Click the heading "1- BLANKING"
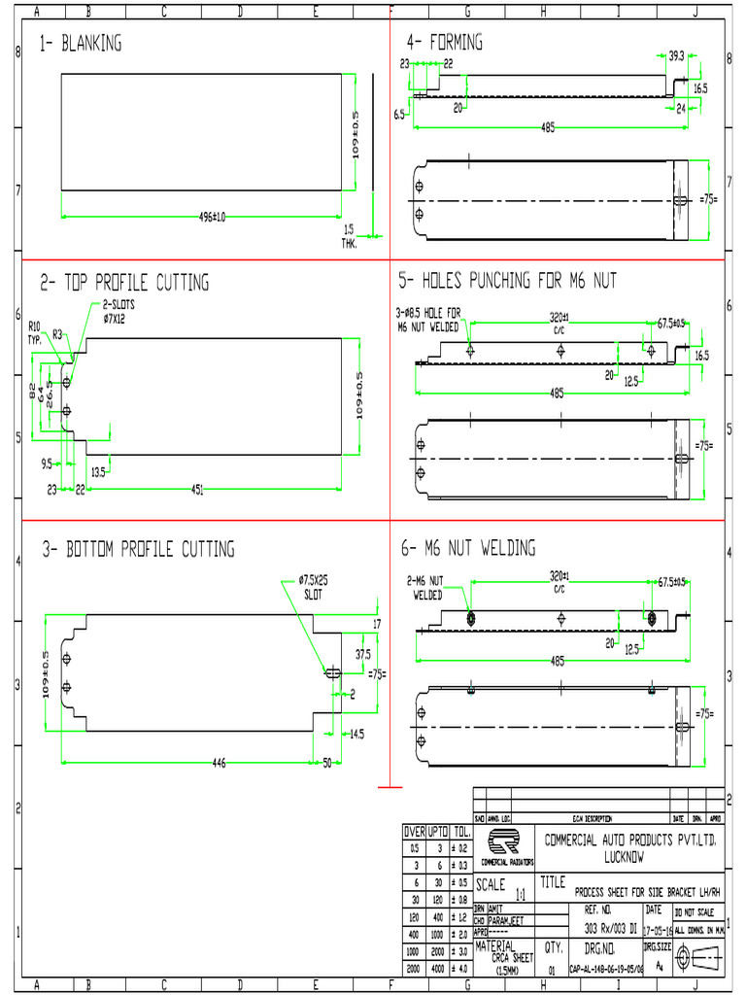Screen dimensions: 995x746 pyautogui.click(x=81, y=44)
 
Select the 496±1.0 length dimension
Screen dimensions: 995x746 pyautogui.click(x=211, y=217)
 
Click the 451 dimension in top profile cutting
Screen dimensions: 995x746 pyautogui.click(x=197, y=491)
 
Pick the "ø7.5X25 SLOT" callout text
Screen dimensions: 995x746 pyautogui.click(x=314, y=587)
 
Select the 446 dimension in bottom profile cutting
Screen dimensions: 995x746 pyautogui.click(x=220, y=764)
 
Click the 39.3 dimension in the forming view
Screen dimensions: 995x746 pyautogui.click(x=677, y=55)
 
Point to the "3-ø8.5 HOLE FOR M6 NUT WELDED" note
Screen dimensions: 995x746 pyautogui.click(x=429, y=321)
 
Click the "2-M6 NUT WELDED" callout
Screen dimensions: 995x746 pyautogui.click(x=426, y=588)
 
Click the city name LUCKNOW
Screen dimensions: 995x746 pyautogui.click(x=623, y=858)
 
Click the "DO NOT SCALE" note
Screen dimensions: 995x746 pyautogui.click(x=694, y=912)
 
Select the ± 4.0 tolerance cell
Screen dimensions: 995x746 pyautogui.click(x=461, y=968)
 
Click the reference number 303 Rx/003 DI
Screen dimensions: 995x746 pyautogui.click(x=610, y=928)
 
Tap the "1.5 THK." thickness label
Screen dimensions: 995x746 pyautogui.click(x=349, y=237)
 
